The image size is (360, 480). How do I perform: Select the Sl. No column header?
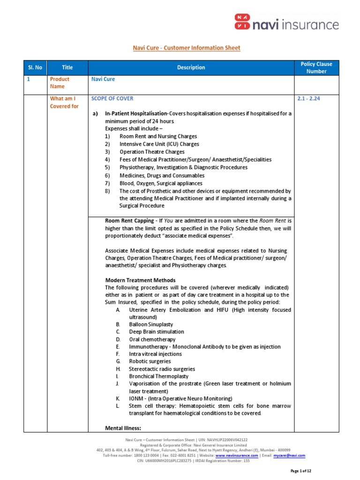pyautogui.click(x=34, y=67)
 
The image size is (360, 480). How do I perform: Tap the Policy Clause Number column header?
pyautogui.click(x=316, y=67)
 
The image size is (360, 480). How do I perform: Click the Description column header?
pyautogui.click(x=191, y=67)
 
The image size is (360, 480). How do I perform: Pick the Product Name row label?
pyautogui.click(x=60, y=83)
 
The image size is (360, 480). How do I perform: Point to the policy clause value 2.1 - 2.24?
pyautogui.click(x=310, y=98)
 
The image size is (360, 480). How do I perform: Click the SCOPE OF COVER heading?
pyautogui.click(x=112, y=98)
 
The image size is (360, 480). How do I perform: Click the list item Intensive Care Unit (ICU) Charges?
pyautogui.click(x=159, y=144)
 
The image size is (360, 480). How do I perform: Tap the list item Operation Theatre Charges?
pyautogui.click(x=152, y=152)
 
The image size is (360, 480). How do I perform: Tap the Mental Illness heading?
pyautogui.click(x=123, y=428)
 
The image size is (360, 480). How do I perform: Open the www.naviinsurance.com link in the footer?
pyautogui.click(x=237, y=455)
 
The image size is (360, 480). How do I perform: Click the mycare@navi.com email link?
pyautogui.click(x=289, y=455)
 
